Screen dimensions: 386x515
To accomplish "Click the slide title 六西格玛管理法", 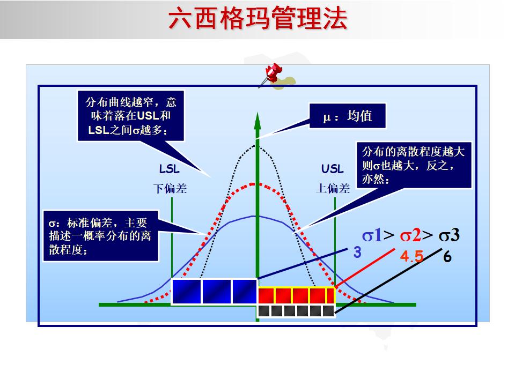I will tap(257, 19).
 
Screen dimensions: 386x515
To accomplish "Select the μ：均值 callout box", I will tap(348, 116).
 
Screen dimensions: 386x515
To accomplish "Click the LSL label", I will tap(170, 169).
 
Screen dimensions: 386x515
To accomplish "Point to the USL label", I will tap(333, 169).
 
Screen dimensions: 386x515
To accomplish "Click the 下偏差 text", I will tap(170, 189).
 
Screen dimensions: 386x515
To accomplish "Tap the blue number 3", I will tap(357, 252).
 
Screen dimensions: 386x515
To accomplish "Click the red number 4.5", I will tap(412, 257).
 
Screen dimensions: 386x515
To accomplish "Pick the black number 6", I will tap(447, 257).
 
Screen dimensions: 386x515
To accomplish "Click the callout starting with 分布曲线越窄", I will tap(131, 115).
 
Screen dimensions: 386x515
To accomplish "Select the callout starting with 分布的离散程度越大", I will tap(413, 165).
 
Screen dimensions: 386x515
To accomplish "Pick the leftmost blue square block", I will tap(186, 292).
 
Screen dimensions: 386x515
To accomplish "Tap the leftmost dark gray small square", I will tap(264, 310).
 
